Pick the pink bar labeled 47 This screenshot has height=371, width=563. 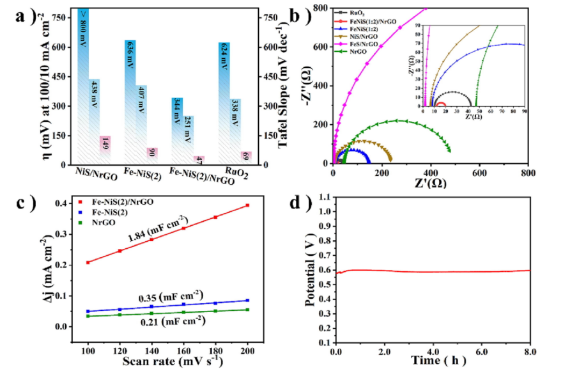199,160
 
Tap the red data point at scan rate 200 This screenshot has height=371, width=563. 247,205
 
